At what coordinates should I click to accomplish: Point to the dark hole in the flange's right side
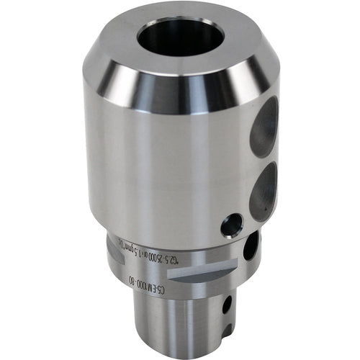pos(248,249)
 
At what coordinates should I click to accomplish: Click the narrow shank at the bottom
pos(180,324)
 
